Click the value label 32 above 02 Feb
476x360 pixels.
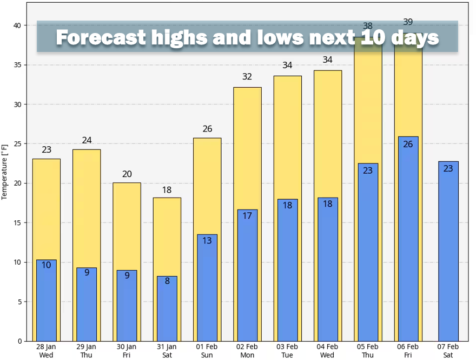[x=247, y=77]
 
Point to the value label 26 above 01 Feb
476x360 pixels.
[x=207, y=129]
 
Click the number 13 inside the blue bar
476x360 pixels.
[x=207, y=240]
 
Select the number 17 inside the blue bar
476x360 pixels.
[x=247, y=215]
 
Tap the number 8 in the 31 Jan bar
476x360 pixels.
[x=167, y=281]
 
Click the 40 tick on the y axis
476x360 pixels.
[x=17, y=25]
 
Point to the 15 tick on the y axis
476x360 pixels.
[x=17, y=222]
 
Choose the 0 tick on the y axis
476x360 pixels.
[x=19, y=341]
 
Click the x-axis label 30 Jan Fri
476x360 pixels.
[x=127, y=351]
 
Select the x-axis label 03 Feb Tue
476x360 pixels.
[x=287, y=351]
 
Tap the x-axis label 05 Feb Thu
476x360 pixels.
[x=368, y=351]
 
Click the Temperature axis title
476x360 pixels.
[x=5, y=172]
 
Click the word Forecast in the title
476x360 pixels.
[x=101, y=37]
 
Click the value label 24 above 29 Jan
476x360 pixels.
[x=87, y=140]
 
